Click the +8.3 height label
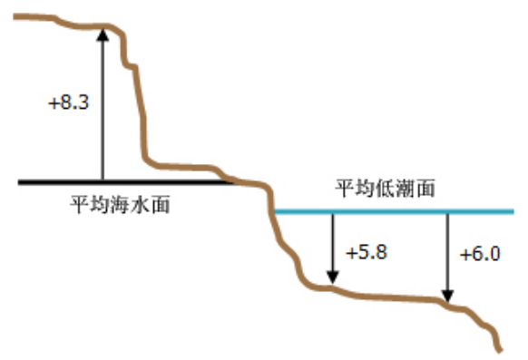69,102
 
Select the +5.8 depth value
367,252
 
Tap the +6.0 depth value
480,254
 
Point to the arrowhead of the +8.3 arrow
103,34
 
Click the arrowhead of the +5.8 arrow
333,277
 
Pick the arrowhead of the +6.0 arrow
447,296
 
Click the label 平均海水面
120,204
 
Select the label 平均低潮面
386,188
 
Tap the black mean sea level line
126,182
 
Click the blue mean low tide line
394,211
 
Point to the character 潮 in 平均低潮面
406,188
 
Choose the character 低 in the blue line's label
386,188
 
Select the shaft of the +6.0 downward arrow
447,252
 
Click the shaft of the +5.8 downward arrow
333,243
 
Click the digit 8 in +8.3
66,102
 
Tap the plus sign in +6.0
465,255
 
